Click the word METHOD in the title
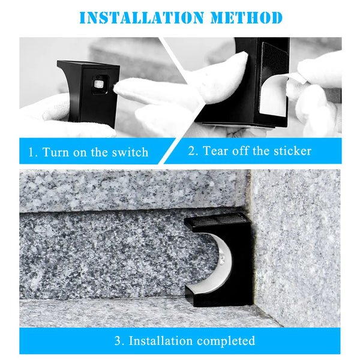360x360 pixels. [245, 17]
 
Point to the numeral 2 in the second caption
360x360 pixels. [192, 151]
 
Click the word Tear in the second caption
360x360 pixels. [215, 151]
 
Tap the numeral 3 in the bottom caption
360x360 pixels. [118, 341]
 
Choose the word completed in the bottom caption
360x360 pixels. [225, 341]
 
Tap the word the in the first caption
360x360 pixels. [100, 152]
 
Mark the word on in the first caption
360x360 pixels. [80, 152]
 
